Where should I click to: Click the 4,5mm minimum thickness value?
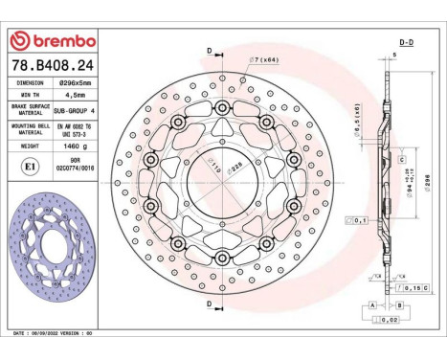[x=76, y=96]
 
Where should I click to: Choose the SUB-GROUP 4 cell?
[x=76, y=111]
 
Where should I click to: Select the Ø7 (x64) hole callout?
[x=263, y=59]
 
